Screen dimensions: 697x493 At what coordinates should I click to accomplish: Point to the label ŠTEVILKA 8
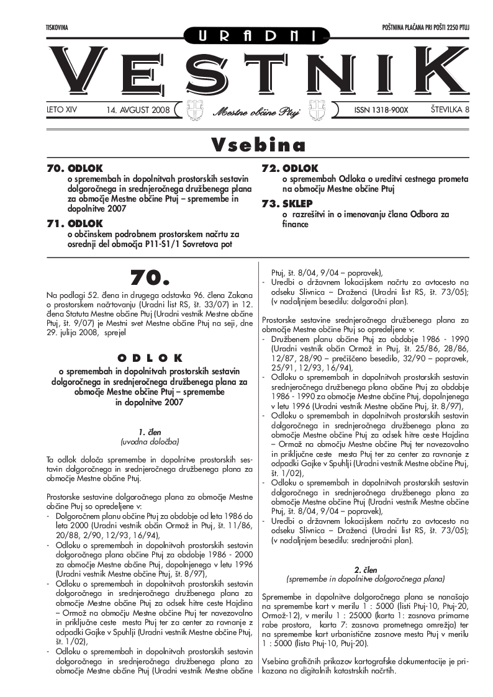(x=450, y=110)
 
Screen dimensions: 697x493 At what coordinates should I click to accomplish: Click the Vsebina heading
(x=258, y=145)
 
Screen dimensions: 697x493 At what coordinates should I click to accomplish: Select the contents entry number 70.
(x=56, y=168)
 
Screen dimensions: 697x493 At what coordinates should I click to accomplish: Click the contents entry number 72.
(x=270, y=168)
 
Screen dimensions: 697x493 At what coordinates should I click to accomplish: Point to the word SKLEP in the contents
(x=297, y=204)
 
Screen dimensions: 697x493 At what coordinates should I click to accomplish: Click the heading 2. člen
(x=365, y=569)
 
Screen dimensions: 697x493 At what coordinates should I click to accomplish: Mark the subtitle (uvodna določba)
(x=150, y=441)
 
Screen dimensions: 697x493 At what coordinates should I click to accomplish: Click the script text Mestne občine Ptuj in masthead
(x=256, y=112)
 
